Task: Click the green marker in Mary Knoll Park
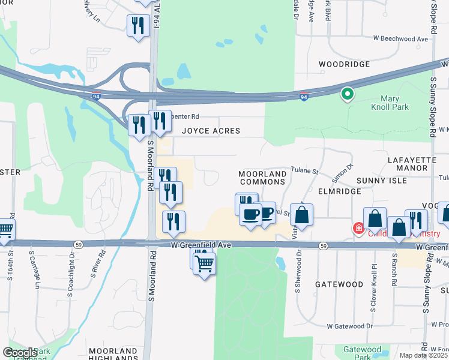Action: [347, 94]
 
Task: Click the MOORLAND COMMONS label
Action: [262, 178]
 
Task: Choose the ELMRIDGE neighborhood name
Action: [339, 191]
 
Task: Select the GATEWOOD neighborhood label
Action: [339, 284]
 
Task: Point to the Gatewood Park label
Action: [362, 353]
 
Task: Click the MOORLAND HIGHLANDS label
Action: [113, 354]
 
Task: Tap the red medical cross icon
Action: [358, 228]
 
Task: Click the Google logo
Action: [20, 353]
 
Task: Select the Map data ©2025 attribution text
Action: [423, 356]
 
